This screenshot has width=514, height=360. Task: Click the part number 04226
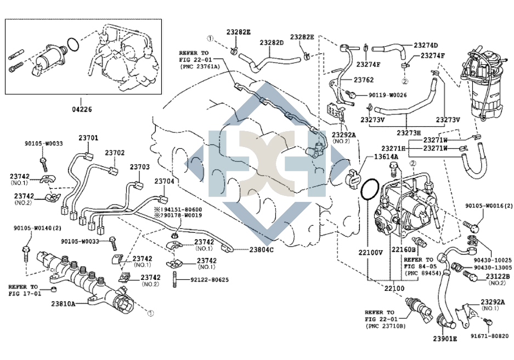[81, 109]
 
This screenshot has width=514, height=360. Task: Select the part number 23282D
[272, 42]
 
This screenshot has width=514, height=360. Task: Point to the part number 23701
[88, 138]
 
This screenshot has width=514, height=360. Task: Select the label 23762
[363, 80]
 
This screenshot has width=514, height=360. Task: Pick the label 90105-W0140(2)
[33, 228]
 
